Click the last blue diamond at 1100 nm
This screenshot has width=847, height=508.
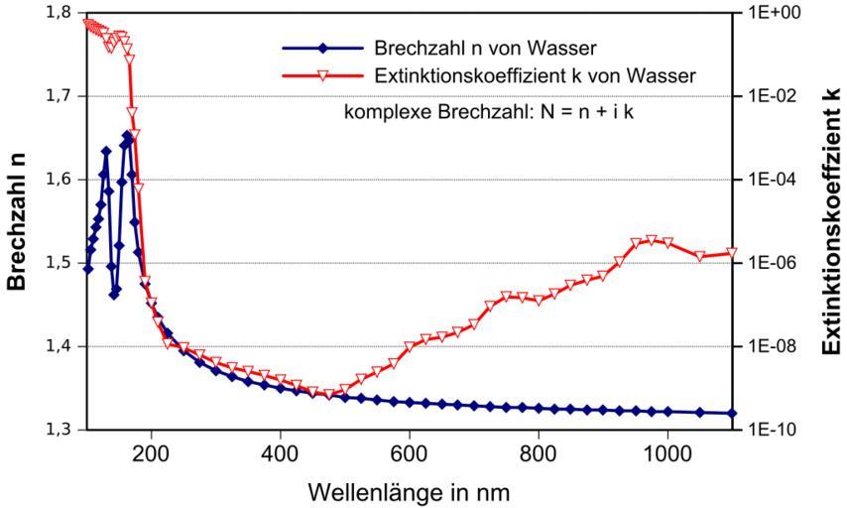[x=732, y=414]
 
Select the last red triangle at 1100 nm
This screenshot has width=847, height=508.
[x=732, y=253]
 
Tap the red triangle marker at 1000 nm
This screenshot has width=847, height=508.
[x=667, y=243]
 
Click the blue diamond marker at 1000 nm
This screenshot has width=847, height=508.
[x=667, y=412]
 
